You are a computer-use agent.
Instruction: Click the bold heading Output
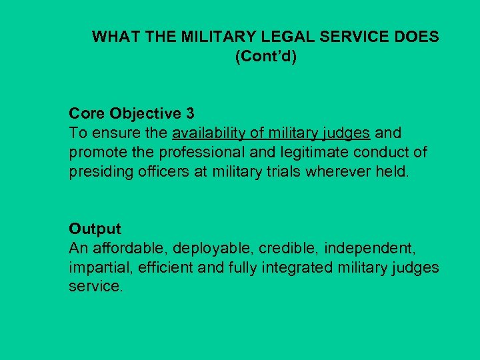coord(95,229)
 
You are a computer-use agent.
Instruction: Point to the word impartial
coord(95,267)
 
